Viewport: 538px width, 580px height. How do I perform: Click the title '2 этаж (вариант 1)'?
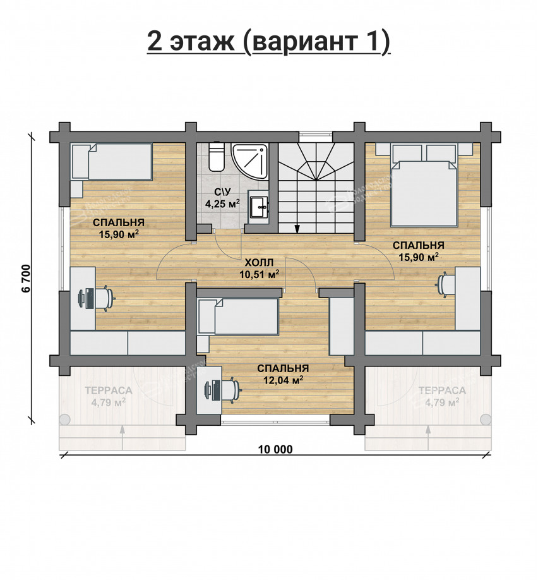pos(268,41)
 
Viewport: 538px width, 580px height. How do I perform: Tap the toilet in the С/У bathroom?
pos(215,157)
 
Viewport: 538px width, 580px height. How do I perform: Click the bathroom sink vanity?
pos(260,205)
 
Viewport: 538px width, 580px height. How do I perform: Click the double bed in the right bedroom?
pos(424,190)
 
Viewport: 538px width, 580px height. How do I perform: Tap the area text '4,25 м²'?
pos(222,204)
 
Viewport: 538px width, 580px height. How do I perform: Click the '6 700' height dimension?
pos(26,278)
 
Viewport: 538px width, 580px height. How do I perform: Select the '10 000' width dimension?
pos(275,449)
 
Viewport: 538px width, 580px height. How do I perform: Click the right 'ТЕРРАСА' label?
pos(441,390)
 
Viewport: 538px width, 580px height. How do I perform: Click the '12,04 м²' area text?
pos(282,380)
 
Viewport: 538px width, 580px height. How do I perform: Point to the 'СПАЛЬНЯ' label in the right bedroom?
pos(418,245)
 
